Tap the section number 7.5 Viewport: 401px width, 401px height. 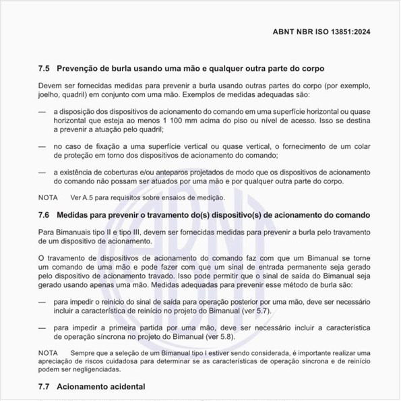[x=44, y=69]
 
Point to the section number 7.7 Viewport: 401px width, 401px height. [x=44, y=388]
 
